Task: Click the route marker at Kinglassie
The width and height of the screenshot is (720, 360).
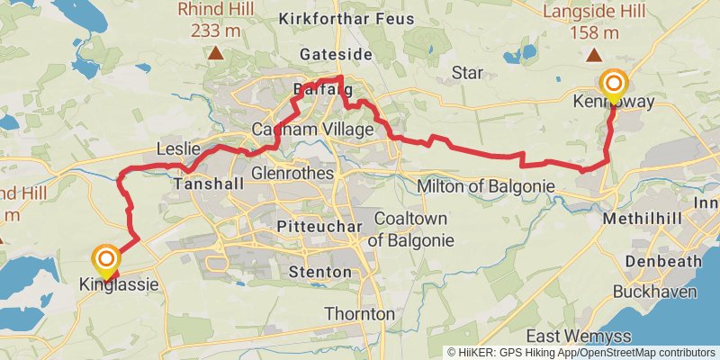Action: [x=106, y=262]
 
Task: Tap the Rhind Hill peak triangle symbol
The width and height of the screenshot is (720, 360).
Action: [x=215, y=54]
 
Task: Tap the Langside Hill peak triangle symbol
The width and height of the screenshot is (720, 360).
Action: [x=596, y=54]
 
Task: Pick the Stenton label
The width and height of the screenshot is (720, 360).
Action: [x=315, y=271]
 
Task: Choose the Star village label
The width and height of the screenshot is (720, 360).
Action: [x=467, y=72]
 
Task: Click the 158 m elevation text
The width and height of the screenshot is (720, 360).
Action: [x=596, y=33]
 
